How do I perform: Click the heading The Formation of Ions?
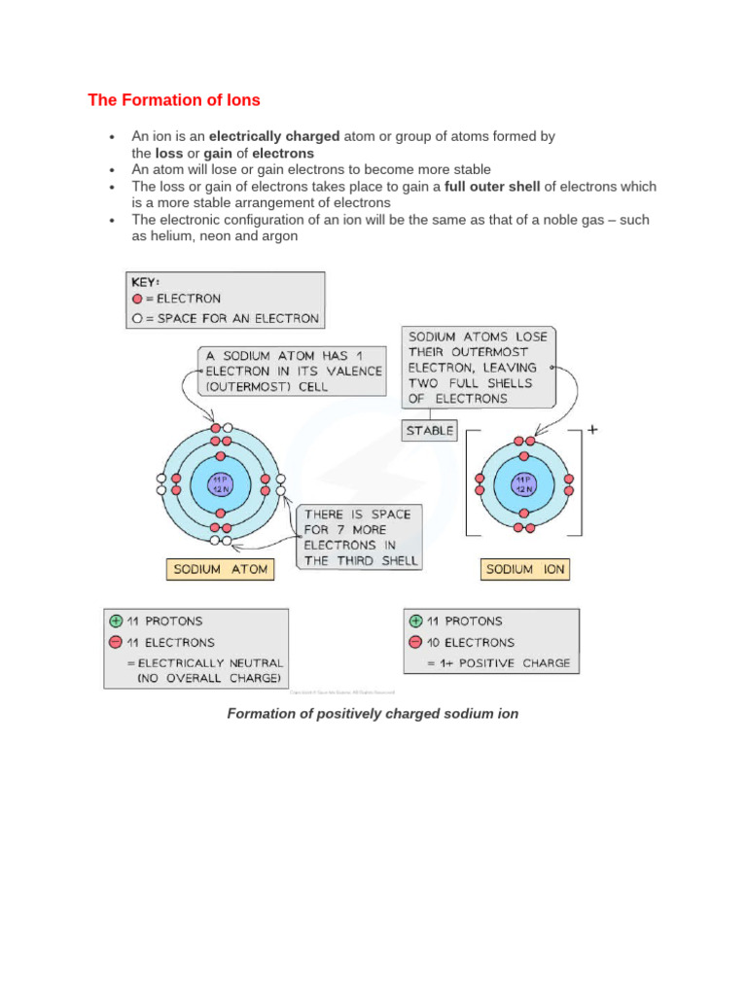pyautogui.click(x=174, y=100)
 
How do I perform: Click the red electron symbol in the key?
pyautogui.click(x=137, y=300)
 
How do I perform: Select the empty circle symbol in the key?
pyautogui.click(x=137, y=318)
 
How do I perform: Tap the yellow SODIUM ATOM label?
pyautogui.click(x=220, y=569)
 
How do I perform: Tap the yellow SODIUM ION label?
pyautogui.click(x=524, y=569)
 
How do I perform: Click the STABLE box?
pyautogui.click(x=429, y=430)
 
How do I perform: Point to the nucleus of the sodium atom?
pyautogui.click(x=221, y=483)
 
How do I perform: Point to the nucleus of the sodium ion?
pyautogui.click(x=523, y=483)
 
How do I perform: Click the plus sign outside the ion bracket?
pyautogui.click(x=592, y=427)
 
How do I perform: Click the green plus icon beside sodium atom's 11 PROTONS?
pyautogui.click(x=117, y=621)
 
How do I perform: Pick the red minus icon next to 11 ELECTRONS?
pyautogui.click(x=117, y=642)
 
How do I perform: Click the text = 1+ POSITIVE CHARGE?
pyautogui.click(x=498, y=663)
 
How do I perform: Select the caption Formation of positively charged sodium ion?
pyautogui.click(x=373, y=713)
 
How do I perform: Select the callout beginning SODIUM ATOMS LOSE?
pyautogui.click(x=479, y=367)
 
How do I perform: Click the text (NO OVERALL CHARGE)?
pyautogui.click(x=208, y=677)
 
